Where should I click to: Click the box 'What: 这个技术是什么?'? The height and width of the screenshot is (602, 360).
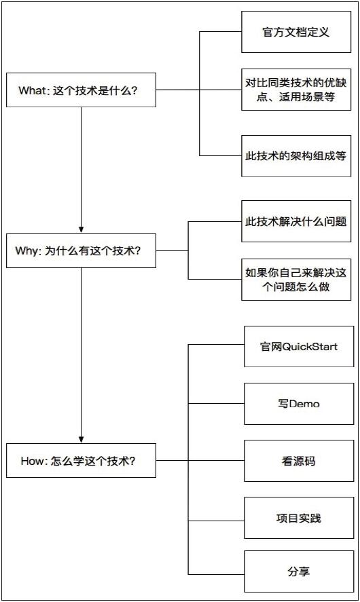tap(81, 89)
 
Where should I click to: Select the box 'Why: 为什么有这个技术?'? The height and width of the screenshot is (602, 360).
tap(81, 250)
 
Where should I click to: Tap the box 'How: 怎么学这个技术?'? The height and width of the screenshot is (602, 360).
tap(81, 461)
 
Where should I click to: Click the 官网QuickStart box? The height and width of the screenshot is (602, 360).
tap(299, 346)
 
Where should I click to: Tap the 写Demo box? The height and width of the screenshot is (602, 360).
tap(299, 404)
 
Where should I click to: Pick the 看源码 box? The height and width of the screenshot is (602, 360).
tap(299, 461)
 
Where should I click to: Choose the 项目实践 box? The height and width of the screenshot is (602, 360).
tap(299, 518)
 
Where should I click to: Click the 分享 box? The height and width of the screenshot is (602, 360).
tap(299, 571)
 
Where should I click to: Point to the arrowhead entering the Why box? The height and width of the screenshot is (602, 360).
tap(81, 229)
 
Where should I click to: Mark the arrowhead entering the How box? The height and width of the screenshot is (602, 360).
tap(81, 439)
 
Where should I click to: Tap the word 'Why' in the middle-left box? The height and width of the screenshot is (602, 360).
tap(26, 251)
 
